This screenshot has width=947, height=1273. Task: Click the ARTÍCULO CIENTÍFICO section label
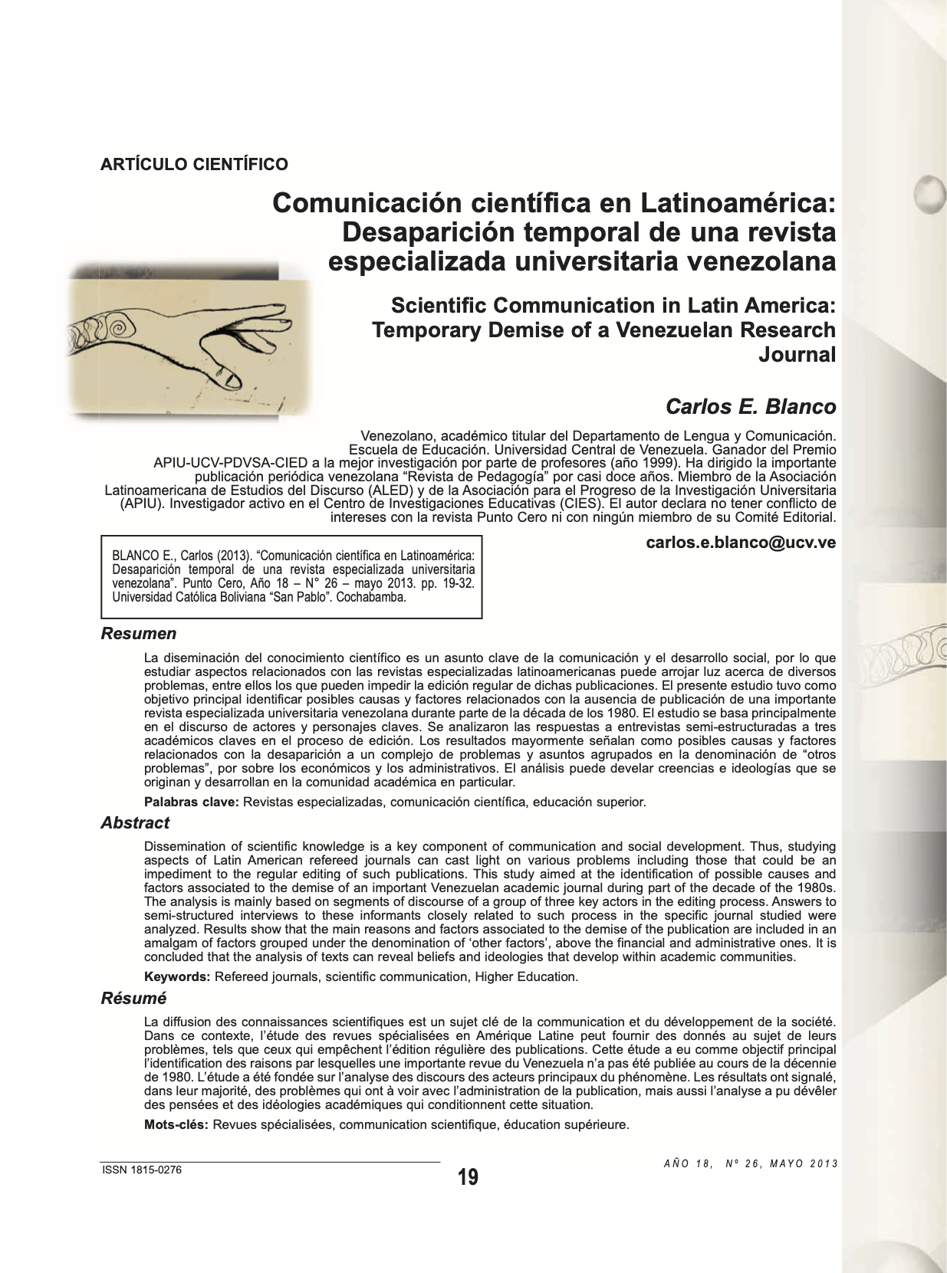coord(194,164)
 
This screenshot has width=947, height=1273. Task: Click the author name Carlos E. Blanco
coord(750,406)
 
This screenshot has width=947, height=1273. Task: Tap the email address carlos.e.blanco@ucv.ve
coord(741,543)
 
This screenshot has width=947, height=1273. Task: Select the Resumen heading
coord(139,634)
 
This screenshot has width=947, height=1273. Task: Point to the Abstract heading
coord(135,823)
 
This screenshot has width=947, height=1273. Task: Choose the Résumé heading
coord(133,999)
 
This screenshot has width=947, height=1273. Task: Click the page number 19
coord(468,1177)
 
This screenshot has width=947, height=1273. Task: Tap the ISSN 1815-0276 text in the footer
coord(142,1170)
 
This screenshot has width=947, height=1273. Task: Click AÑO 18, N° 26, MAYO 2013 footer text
coord(751,1163)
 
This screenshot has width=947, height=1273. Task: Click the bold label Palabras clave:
coord(192,802)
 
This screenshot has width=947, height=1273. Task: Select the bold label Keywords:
coord(177,977)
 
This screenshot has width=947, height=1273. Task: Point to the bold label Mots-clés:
coord(176,1125)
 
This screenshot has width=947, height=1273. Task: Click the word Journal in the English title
coord(797,355)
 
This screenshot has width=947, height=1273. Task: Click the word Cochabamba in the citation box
coord(371,597)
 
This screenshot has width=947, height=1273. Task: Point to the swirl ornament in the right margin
coord(905,650)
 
